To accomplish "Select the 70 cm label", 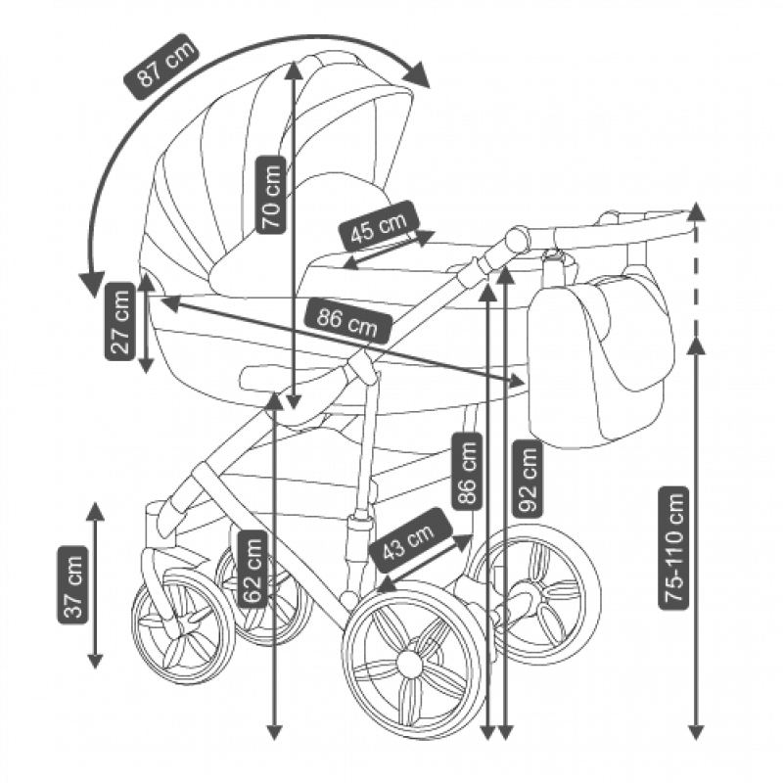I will [272, 193].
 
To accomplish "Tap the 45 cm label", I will [379, 229].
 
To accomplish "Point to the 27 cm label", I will [120, 321].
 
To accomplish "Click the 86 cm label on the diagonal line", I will [347, 320].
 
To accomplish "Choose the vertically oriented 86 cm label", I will [468, 471].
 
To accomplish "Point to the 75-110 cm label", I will [674, 547].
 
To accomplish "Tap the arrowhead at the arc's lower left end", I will [92, 283].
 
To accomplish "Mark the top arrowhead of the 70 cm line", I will [294, 69].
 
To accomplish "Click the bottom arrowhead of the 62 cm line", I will [274, 731].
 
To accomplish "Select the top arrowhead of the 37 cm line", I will [95, 510].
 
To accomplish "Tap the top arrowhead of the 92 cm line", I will [505, 272].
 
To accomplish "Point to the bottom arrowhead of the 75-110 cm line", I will [696, 731].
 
